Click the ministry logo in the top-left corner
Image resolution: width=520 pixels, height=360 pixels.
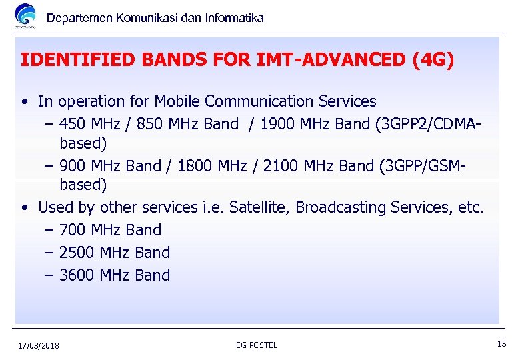(25, 16)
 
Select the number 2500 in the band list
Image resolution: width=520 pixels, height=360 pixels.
(77, 253)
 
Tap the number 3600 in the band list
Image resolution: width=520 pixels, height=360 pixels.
(77, 275)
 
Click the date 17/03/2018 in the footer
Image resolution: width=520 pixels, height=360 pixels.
(39, 345)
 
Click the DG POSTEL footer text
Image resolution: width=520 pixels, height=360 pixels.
(257, 345)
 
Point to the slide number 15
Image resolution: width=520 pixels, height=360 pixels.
(501, 344)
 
